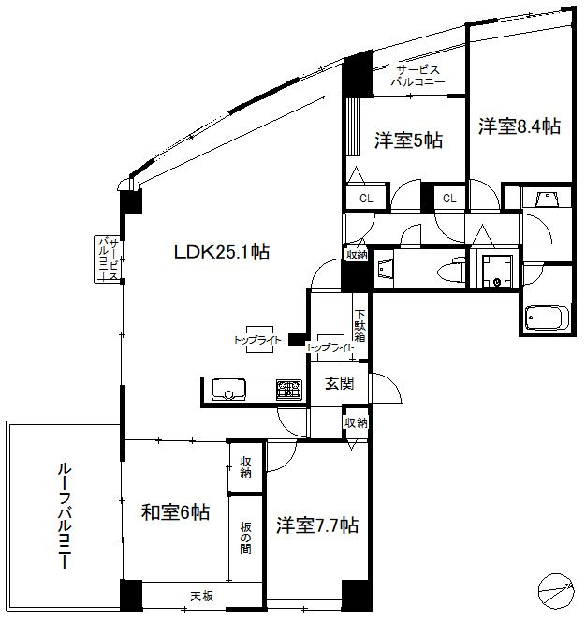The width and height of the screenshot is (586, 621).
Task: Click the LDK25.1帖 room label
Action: point(221,252)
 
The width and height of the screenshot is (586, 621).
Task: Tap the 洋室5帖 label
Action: point(408,140)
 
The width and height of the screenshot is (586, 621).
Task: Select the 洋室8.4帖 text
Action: point(520,126)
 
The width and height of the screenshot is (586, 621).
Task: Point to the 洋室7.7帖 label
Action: point(316,525)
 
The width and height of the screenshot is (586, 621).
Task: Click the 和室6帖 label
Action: point(175,512)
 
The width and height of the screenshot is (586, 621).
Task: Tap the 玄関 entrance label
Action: point(339,382)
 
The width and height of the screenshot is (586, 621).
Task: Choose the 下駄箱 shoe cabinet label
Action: point(360,324)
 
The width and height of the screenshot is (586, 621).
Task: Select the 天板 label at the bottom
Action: point(202,596)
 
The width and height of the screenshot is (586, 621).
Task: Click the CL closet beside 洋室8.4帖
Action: point(449,199)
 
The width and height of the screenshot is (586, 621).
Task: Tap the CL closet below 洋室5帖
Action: point(366,199)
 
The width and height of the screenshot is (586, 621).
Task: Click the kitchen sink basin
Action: point(228,389)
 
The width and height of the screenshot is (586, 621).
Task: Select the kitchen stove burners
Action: point(287,389)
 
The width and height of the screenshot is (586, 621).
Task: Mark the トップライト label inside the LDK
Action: point(257,341)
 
